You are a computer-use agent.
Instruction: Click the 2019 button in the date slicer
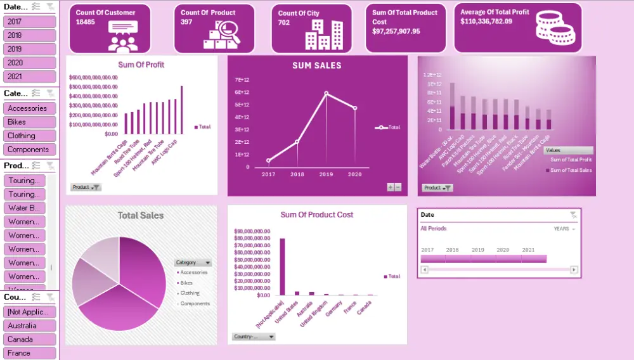(x=29, y=49)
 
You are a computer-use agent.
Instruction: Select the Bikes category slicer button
(x=29, y=122)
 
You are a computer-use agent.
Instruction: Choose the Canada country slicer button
(x=29, y=339)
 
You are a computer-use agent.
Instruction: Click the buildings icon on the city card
(x=323, y=34)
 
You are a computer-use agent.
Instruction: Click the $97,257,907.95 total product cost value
(x=396, y=31)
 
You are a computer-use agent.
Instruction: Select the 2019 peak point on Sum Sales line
(x=327, y=93)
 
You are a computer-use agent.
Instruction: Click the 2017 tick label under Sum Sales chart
(x=268, y=174)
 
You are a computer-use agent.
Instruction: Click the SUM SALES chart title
(x=316, y=65)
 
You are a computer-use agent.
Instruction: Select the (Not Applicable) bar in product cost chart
(x=282, y=266)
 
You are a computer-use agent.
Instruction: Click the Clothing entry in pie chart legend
(x=190, y=293)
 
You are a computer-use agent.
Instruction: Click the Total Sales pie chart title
(x=140, y=215)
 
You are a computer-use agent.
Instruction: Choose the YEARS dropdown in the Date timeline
(x=564, y=229)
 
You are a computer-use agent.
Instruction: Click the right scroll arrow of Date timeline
(x=574, y=269)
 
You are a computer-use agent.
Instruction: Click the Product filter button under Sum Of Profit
(x=86, y=188)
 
